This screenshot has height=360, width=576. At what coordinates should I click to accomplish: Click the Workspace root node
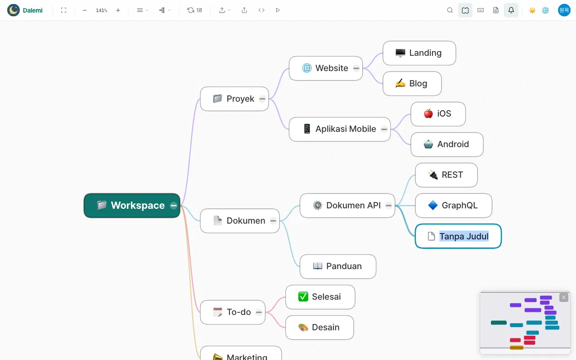point(132,206)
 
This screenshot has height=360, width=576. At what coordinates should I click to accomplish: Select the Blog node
point(412,84)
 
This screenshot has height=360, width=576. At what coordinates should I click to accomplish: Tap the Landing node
point(419,53)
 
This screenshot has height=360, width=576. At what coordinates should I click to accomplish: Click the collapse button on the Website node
point(356,68)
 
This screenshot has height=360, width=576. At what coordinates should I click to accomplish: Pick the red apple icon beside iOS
point(428,114)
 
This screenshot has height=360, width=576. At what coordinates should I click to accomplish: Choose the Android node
point(447,144)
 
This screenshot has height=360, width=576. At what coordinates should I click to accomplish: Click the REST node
point(446,175)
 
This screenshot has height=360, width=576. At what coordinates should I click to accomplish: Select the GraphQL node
point(453,206)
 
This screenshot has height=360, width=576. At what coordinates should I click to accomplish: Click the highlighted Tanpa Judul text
point(464,236)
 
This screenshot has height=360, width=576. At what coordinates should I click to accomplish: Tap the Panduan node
point(338,266)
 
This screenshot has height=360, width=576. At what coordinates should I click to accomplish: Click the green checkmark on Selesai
point(303,297)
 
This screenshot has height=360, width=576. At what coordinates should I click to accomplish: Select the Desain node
point(319,327)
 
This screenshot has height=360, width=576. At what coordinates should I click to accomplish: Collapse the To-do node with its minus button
point(259,312)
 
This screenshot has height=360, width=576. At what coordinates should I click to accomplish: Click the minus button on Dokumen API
point(388,206)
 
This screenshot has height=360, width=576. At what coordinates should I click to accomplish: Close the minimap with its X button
point(564,297)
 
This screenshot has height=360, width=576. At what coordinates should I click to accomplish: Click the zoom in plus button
point(118,10)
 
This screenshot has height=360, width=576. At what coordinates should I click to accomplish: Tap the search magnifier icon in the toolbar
point(450,10)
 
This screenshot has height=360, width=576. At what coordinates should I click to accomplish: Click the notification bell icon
point(511,10)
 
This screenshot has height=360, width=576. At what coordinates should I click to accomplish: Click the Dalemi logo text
point(33,10)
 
